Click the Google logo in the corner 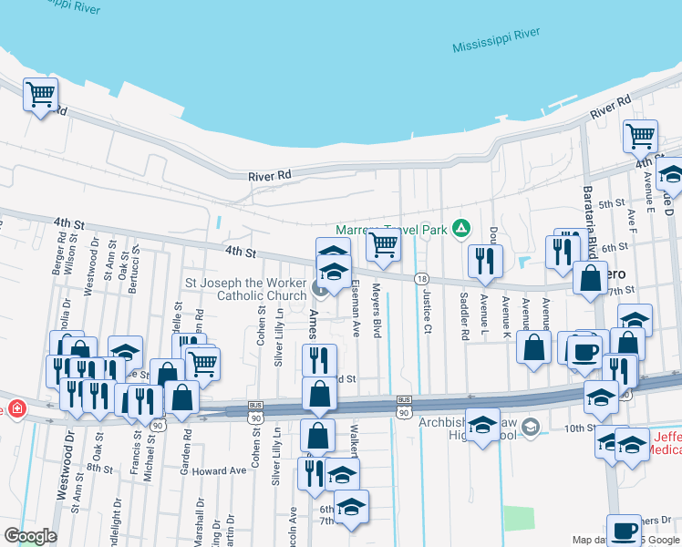click(x=30, y=536)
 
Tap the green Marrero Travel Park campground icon click(x=461, y=228)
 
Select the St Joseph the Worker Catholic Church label click(x=247, y=289)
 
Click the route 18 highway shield click(x=420, y=278)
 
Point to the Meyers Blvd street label click(x=376, y=310)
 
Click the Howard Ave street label click(x=219, y=470)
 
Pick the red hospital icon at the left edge click(x=15, y=407)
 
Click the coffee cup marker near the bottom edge click(x=625, y=530)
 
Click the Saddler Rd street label click(x=464, y=311)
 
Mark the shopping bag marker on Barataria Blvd click(x=591, y=278)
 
